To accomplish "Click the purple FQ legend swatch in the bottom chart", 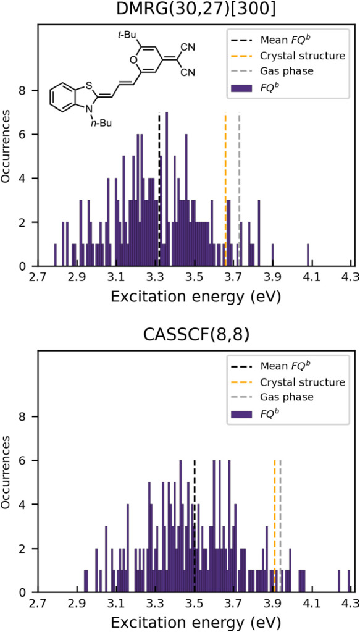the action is tap(241, 413).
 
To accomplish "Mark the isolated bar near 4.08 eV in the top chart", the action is tap(308, 255).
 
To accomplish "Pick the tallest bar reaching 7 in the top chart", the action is tap(167, 190).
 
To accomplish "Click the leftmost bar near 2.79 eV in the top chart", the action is tap(56, 255).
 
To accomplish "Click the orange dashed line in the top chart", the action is tap(225, 190).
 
